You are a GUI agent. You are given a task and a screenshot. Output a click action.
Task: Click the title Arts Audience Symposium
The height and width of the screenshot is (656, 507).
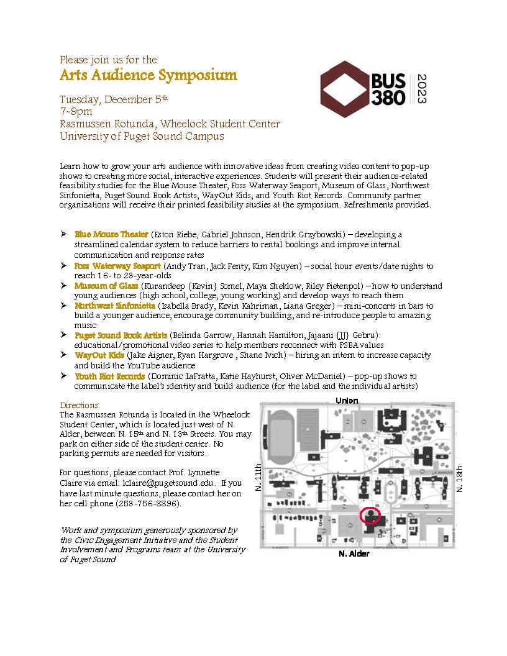[148, 76]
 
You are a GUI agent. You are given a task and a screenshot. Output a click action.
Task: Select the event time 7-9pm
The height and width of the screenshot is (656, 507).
[76, 112]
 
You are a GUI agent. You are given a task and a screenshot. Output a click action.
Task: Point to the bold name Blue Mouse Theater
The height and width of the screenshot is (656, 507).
[111, 235]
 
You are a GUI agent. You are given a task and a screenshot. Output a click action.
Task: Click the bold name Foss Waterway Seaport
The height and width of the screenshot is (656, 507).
[117, 266]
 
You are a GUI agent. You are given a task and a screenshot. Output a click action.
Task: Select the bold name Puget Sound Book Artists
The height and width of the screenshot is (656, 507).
[121, 335]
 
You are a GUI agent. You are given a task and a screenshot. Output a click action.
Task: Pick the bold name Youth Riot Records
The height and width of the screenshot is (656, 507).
[110, 376]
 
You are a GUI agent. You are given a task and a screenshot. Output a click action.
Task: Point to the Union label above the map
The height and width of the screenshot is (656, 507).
[347, 401]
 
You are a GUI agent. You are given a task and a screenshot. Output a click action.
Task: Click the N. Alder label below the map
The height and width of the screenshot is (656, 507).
[354, 553]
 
